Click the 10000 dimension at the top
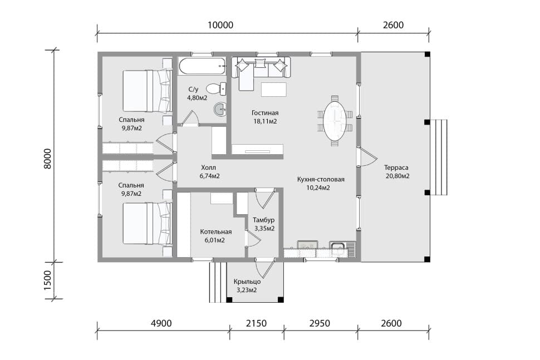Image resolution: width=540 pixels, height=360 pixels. point(220,25)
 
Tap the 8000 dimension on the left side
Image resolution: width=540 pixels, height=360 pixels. point(47,159)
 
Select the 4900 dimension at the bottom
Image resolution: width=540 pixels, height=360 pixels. point(161,323)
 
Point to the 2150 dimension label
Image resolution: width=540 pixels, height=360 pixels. point(256,323)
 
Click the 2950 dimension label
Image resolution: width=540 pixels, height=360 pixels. point(320,323)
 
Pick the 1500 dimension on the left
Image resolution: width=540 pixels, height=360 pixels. point(47,280)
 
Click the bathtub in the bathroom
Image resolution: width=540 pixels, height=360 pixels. point(202,66)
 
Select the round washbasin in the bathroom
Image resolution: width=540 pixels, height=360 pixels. point(220,110)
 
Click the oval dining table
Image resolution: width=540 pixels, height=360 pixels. point(335,120)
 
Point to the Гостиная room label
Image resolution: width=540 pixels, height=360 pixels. point(265,113)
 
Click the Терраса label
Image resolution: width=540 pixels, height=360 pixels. point(396,167)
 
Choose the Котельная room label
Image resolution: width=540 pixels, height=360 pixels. point(215,232)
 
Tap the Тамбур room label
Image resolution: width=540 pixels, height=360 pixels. point(263,220)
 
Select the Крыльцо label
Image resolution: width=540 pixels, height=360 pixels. point(247,282)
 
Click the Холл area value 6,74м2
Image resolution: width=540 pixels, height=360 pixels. point(209,176)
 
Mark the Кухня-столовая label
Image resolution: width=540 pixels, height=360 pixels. point(321,179)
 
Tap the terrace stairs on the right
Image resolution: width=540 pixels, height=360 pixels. point(439,157)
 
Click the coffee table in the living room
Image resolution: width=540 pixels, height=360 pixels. point(273,90)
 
